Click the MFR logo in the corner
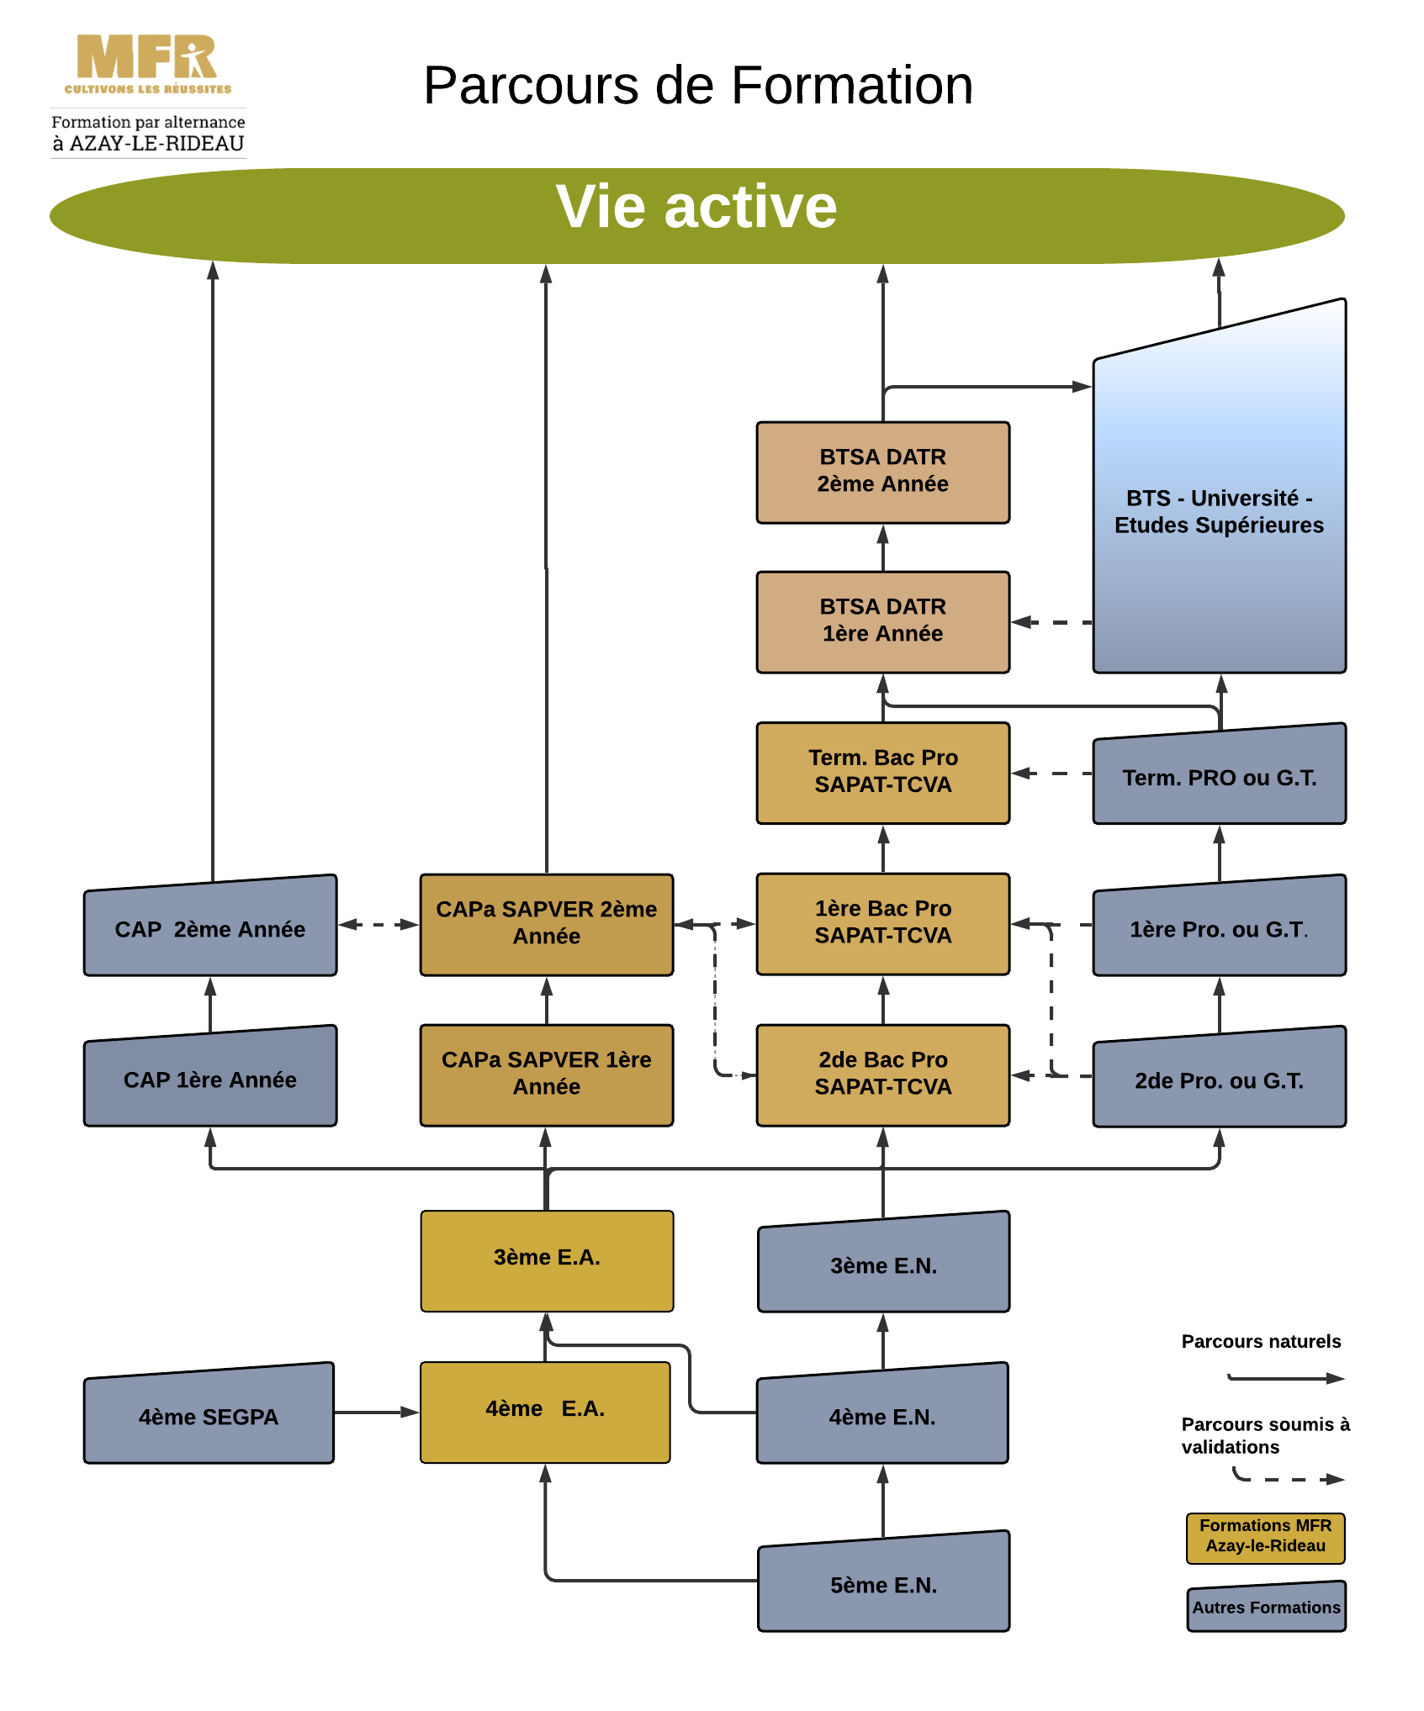point(148,64)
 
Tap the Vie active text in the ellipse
point(696,207)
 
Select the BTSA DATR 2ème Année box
point(882,473)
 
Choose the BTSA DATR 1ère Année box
point(882,622)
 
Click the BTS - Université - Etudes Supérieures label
point(1219,511)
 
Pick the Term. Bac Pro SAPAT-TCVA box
point(882,773)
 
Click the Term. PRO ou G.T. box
point(1219,777)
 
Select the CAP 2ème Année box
point(210,928)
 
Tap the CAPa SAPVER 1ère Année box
point(546,1075)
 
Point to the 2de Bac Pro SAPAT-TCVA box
point(882,1075)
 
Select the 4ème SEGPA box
point(209,1416)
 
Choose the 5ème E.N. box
point(883,1584)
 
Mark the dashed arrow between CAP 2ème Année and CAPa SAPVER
point(378,924)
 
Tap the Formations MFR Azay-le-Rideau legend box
point(1265,1538)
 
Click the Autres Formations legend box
point(1266,1607)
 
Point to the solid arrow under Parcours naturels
point(1287,1378)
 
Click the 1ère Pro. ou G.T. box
point(1219,928)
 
